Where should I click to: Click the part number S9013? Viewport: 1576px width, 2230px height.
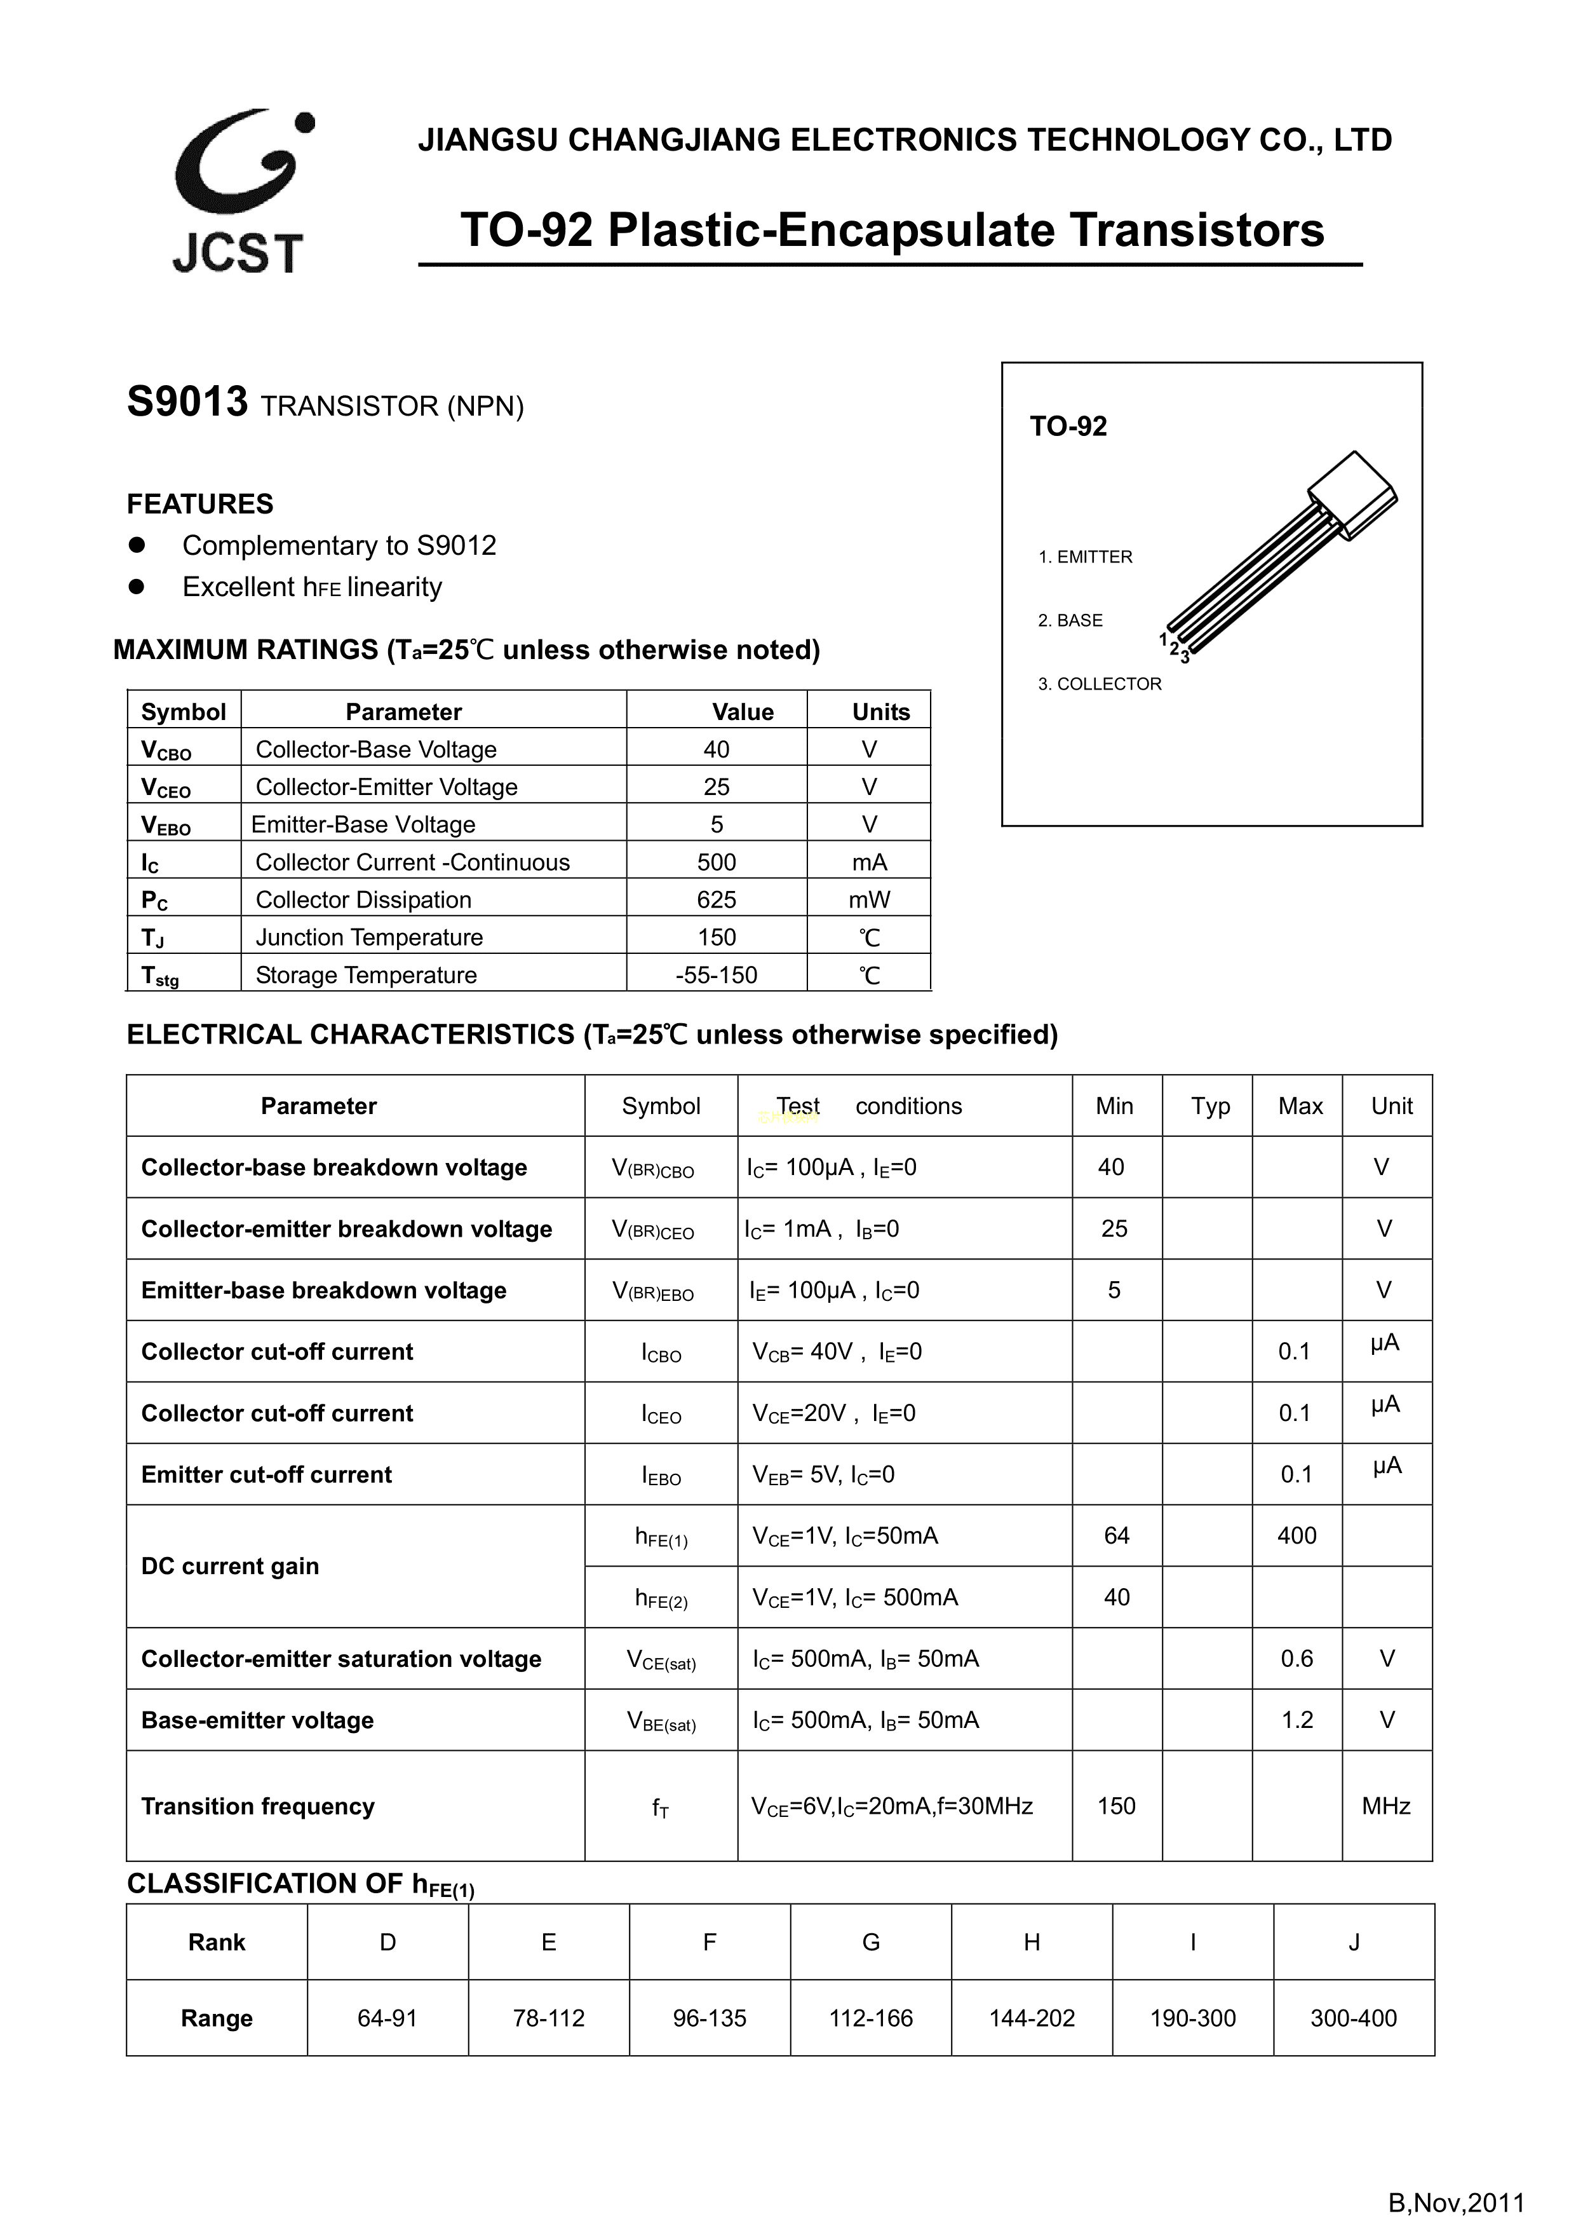187,402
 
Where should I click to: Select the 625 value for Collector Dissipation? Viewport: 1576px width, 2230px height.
716,899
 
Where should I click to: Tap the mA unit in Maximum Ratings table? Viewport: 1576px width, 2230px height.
868,862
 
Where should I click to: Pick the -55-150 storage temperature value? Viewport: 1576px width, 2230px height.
716,974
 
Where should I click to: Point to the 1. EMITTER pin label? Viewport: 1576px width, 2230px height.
1085,557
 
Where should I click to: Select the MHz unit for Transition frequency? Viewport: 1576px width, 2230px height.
1385,1805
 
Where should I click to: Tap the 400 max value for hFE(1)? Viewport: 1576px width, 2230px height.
1296,1535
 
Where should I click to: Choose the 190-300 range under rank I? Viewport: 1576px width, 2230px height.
1192,2018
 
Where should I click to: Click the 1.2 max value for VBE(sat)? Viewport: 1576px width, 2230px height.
1296,1720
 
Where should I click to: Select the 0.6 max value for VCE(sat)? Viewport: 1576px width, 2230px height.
1296,1658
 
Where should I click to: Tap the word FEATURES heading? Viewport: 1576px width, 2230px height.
200,504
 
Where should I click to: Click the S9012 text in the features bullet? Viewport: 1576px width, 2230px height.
456,545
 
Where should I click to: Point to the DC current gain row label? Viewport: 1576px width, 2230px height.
230,1566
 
